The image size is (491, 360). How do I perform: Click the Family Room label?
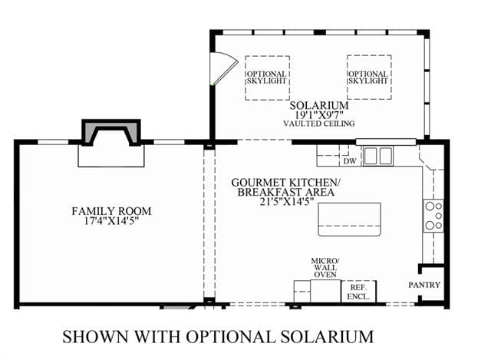(x=111, y=211)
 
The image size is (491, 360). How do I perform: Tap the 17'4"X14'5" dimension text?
(x=111, y=221)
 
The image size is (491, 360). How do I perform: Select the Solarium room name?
(x=319, y=105)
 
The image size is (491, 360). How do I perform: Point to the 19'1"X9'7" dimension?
(x=319, y=114)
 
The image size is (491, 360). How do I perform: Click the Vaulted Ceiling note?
(x=319, y=124)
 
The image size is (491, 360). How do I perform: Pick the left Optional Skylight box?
(x=267, y=78)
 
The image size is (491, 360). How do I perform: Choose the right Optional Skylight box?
(x=369, y=78)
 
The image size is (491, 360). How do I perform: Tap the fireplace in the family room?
(x=110, y=132)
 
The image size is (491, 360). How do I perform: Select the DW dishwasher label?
(x=350, y=161)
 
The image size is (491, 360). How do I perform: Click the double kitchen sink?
(x=378, y=156)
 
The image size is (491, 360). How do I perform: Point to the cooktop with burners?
(x=433, y=216)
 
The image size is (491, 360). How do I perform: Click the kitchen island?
(x=350, y=220)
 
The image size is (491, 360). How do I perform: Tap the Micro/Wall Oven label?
(x=325, y=268)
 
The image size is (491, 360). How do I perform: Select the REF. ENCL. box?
(x=358, y=292)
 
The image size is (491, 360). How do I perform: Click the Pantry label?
(x=424, y=285)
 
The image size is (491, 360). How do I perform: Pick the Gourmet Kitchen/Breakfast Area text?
(x=285, y=187)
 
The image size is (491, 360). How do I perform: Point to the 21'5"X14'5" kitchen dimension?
(x=286, y=201)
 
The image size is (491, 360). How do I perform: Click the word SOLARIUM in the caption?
(x=327, y=337)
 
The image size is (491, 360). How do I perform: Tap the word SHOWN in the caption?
(x=95, y=337)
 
